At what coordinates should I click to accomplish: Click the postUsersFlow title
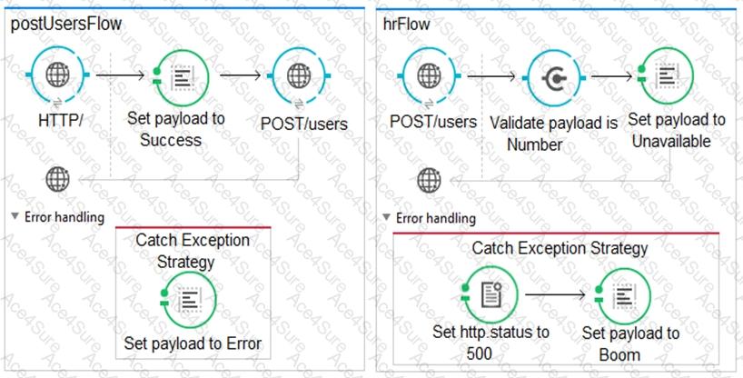pos(66,24)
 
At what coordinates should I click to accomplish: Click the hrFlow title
pos(407,24)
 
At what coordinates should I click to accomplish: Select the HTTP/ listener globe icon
pos(58,75)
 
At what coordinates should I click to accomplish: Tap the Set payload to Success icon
pos(182,76)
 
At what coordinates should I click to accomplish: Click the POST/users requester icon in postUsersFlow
pos(299,75)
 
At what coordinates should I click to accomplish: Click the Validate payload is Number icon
pos(554,78)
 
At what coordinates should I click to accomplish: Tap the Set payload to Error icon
pos(189,300)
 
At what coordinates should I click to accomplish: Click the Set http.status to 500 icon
pos(490,295)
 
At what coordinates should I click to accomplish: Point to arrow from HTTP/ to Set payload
pos(120,75)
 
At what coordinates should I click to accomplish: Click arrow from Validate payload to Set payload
pos(611,76)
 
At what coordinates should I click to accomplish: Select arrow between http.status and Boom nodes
pos(555,295)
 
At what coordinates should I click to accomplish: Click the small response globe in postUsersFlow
pos(58,179)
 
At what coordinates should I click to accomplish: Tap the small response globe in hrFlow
pos(429,180)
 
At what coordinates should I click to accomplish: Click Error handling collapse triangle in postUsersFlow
pos(15,216)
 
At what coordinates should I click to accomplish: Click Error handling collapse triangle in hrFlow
pos(387,217)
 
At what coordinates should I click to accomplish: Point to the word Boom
pos(619,354)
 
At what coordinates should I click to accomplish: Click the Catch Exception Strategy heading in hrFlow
pos(560,248)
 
